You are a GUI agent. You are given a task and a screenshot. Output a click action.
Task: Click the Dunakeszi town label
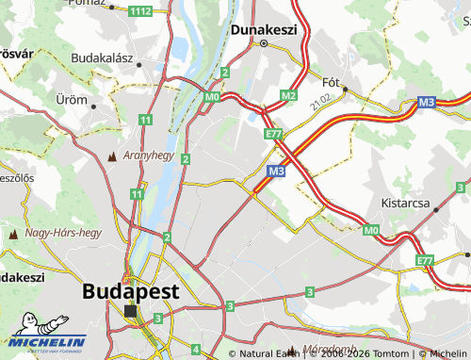click(264, 29)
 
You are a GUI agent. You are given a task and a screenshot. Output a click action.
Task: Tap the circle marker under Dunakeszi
click(264, 43)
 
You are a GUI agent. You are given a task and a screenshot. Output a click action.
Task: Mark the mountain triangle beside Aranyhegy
click(114, 155)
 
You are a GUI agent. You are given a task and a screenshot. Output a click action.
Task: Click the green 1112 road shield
click(140, 10)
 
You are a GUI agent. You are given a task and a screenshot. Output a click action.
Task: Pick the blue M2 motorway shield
click(289, 96)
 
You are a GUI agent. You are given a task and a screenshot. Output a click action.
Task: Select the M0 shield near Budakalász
click(212, 96)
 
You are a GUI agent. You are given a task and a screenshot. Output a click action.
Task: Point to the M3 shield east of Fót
click(427, 102)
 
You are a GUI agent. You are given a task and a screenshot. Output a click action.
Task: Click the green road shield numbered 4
click(194, 350)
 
